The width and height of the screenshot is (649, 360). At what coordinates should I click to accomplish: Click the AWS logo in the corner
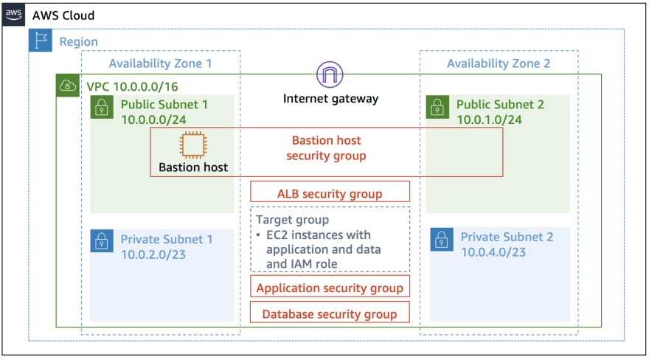pyautogui.click(x=14, y=15)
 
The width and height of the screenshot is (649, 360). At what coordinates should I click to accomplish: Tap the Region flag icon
pyautogui.click(x=41, y=41)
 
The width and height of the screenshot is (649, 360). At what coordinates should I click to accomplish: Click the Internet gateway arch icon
pyautogui.click(x=330, y=75)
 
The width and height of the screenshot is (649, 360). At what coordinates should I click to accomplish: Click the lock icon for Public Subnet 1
pyautogui.click(x=102, y=108)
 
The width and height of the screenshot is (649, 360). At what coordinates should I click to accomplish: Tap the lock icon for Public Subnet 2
pyautogui.click(x=437, y=108)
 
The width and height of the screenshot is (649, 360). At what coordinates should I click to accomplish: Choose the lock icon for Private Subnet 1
pyautogui.click(x=102, y=241)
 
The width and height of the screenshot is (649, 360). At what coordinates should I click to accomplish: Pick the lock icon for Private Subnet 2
pyautogui.click(x=441, y=239)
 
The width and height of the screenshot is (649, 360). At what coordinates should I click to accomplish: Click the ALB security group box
pyautogui.click(x=330, y=193)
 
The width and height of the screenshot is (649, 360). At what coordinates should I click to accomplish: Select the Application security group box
pyautogui.click(x=330, y=288)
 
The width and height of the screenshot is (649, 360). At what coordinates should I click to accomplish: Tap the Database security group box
pyautogui.click(x=330, y=314)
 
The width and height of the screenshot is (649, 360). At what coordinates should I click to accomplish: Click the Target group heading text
pyautogui.click(x=292, y=220)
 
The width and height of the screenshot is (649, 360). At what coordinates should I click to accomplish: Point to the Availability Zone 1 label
pyautogui.click(x=160, y=63)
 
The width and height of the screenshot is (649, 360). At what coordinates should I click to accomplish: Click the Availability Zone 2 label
pyautogui.click(x=499, y=63)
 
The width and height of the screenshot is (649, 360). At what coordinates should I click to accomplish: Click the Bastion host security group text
pyautogui.click(x=326, y=148)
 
